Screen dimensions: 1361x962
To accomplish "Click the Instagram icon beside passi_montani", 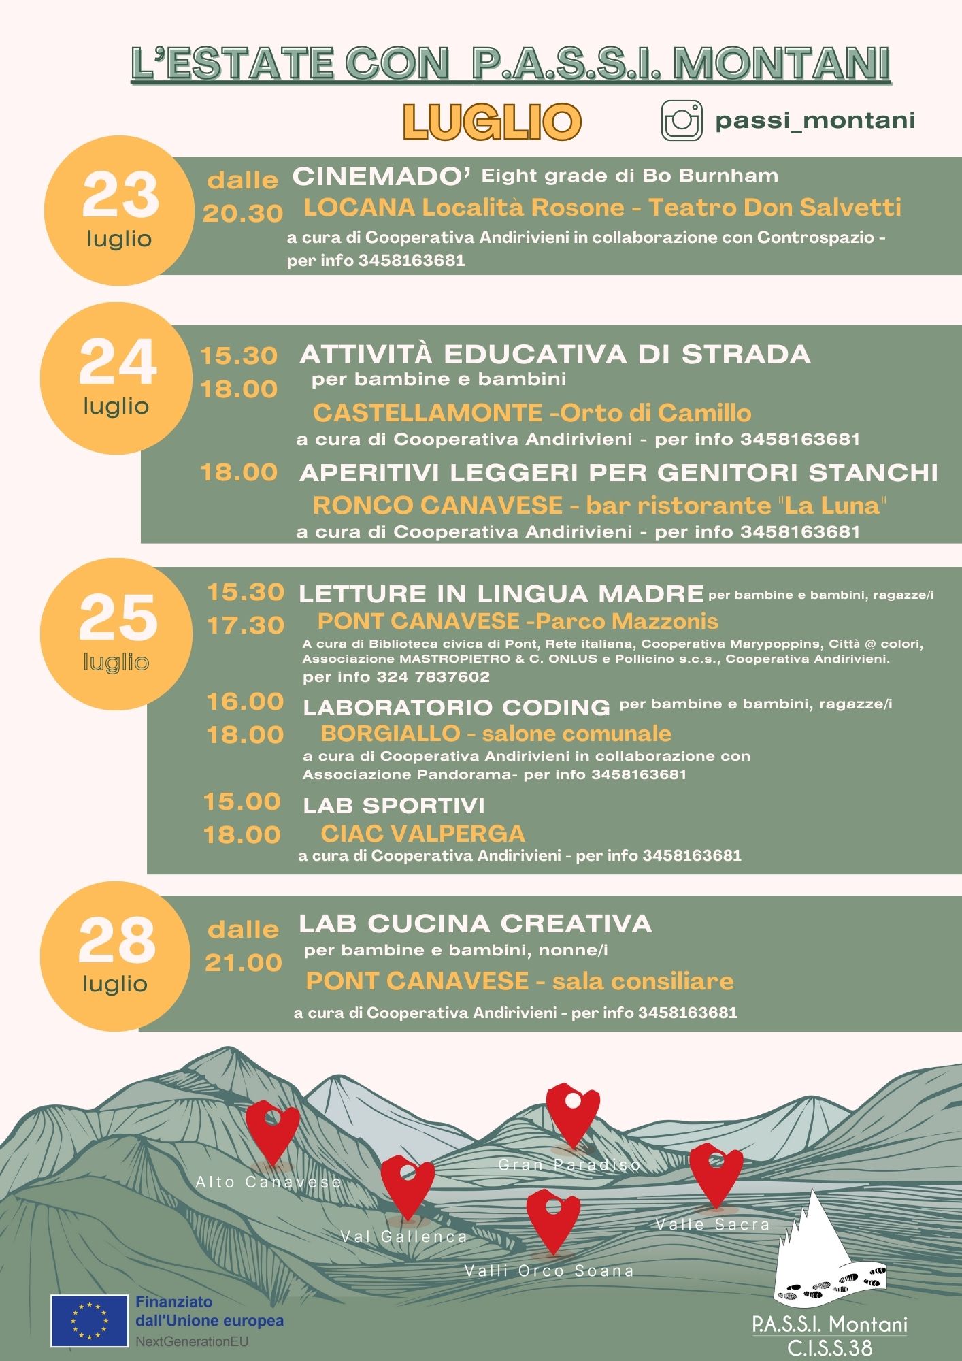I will pos(682,121).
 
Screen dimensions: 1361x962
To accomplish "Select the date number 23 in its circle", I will pos(120,195).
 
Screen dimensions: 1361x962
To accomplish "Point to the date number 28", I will pos(117,940).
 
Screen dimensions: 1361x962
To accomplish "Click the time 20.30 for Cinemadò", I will pos(243,214).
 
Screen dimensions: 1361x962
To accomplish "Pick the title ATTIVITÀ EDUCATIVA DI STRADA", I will pos(554,355).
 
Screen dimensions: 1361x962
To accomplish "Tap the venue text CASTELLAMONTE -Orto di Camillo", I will pos(531,412).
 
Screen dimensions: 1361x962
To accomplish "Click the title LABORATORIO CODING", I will pos(457,707).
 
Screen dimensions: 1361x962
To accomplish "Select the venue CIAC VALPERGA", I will pos(422,834).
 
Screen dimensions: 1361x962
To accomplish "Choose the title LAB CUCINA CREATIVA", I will pos(475,923).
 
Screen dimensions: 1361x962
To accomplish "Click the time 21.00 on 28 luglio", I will pos(244,962).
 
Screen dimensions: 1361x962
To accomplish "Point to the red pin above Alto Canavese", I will pos(272,1131).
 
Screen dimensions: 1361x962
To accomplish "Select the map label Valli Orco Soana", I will pos(548,1270).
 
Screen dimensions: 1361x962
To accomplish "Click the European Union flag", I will pos(89,1321).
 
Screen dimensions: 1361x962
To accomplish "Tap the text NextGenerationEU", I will pos(192,1342).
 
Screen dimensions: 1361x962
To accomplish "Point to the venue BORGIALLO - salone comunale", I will pos(495,733).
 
